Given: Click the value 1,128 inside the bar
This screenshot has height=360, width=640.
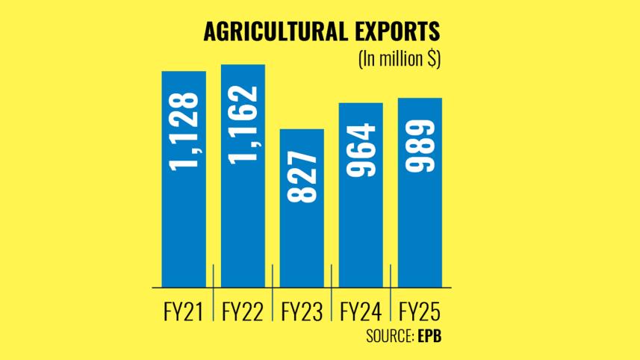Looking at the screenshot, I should pyautogui.click(x=184, y=131).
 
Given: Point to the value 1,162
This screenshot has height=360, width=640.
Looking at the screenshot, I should pyautogui.click(x=243, y=124).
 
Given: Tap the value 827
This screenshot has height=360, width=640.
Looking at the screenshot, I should pyautogui.click(x=302, y=177).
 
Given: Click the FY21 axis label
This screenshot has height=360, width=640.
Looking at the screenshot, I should pyautogui.click(x=184, y=310).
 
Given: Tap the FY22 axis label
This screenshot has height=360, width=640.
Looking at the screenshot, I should pyautogui.click(x=243, y=310).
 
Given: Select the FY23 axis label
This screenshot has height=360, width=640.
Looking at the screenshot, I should pyautogui.click(x=302, y=310).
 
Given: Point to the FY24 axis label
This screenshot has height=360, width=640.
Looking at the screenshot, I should pyautogui.click(x=361, y=310).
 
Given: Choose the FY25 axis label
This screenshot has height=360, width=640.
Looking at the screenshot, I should pyautogui.click(x=420, y=310).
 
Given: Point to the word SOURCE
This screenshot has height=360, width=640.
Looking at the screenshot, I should pyautogui.click(x=388, y=335).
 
